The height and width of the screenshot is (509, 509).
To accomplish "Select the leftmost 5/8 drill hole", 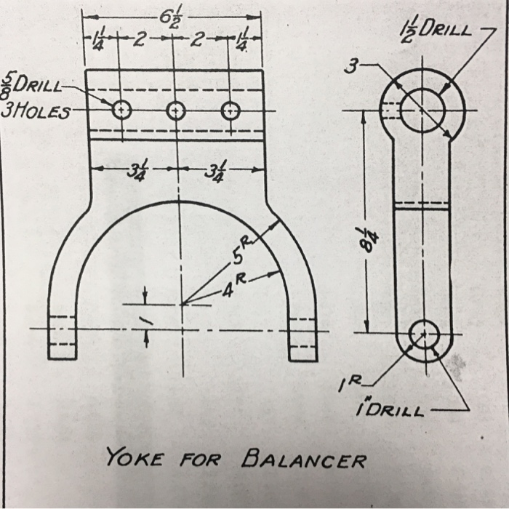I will [121, 110].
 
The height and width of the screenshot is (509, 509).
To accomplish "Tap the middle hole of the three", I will [176, 111].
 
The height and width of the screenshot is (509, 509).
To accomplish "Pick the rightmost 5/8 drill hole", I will [231, 111].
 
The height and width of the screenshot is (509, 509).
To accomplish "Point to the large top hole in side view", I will [421, 109].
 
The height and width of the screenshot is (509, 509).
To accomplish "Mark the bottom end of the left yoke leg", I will [62, 356].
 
